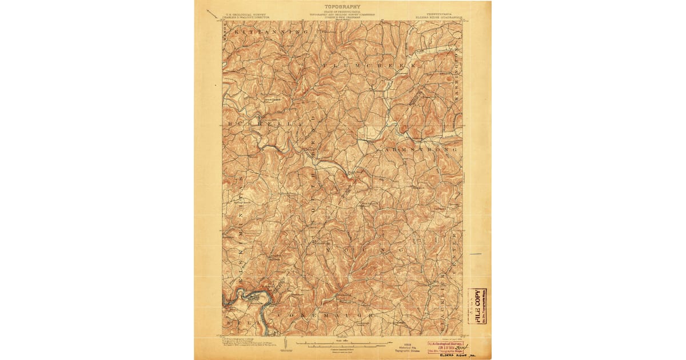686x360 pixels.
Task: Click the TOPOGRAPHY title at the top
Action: (x=342, y=7)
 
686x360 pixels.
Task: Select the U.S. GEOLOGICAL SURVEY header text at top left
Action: (x=246, y=15)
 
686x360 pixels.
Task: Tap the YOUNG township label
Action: (x=366, y=250)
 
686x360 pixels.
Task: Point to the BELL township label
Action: (x=234, y=322)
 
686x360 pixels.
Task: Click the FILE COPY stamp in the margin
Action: (x=477, y=306)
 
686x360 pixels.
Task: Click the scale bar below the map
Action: (x=341, y=344)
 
